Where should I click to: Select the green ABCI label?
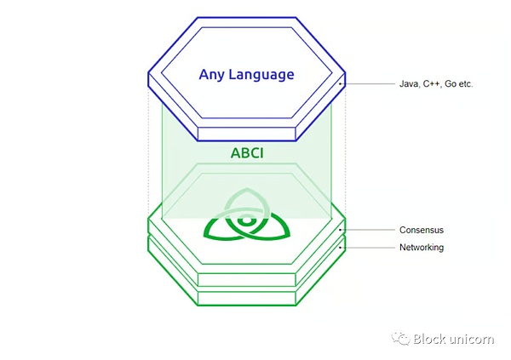click(246, 154)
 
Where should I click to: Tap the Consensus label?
click(421, 230)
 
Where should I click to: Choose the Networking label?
click(421, 248)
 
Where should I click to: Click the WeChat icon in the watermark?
click(400, 339)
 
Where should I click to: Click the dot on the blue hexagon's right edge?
click(341, 83)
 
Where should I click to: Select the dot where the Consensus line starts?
click(341, 230)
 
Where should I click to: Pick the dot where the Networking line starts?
click(341, 248)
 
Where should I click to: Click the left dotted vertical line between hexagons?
click(149, 153)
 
